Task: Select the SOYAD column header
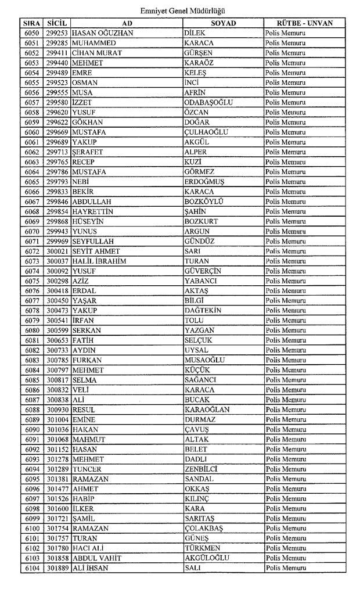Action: click(223, 23)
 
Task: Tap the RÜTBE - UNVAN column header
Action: click(304, 23)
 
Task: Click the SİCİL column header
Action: click(57, 23)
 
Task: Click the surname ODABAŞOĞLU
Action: click(208, 102)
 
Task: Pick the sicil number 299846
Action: click(57, 202)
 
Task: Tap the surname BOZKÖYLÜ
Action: click(203, 202)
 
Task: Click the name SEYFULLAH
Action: click(93, 241)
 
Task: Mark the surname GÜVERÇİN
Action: click(203, 271)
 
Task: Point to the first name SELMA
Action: click(85, 380)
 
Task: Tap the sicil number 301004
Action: click(57, 419)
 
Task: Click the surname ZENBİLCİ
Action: click(201, 469)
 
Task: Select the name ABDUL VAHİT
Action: click(96, 558)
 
